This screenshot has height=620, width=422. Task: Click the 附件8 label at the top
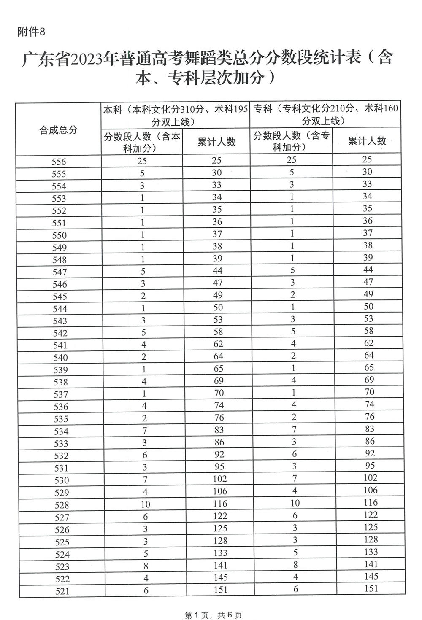pyautogui.click(x=31, y=32)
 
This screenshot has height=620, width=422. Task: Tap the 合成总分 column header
pyautogui.click(x=59, y=130)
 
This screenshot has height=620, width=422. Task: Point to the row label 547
pyautogui.click(x=60, y=272)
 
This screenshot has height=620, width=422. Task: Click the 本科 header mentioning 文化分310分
pyautogui.click(x=176, y=115)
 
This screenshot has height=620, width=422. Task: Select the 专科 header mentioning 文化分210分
pyautogui.click(x=325, y=115)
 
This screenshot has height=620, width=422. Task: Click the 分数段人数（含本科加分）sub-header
pyautogui.click(x=142, y=142)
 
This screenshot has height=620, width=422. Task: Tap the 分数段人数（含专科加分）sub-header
pyautogui.click(x=291, y=141)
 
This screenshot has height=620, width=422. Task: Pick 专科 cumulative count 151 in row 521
pyautogui.click(x=371, y=588)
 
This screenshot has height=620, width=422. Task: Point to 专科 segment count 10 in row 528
pyautogui.click(x=295, y=503)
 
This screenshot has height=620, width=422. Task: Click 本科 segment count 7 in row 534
pyautogui.click(x=144, y=430)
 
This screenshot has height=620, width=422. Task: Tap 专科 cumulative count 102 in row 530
pyautogui.click(x=370, y=478)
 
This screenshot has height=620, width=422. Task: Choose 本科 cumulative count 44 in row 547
pyautogui.click(x=217, y=271)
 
